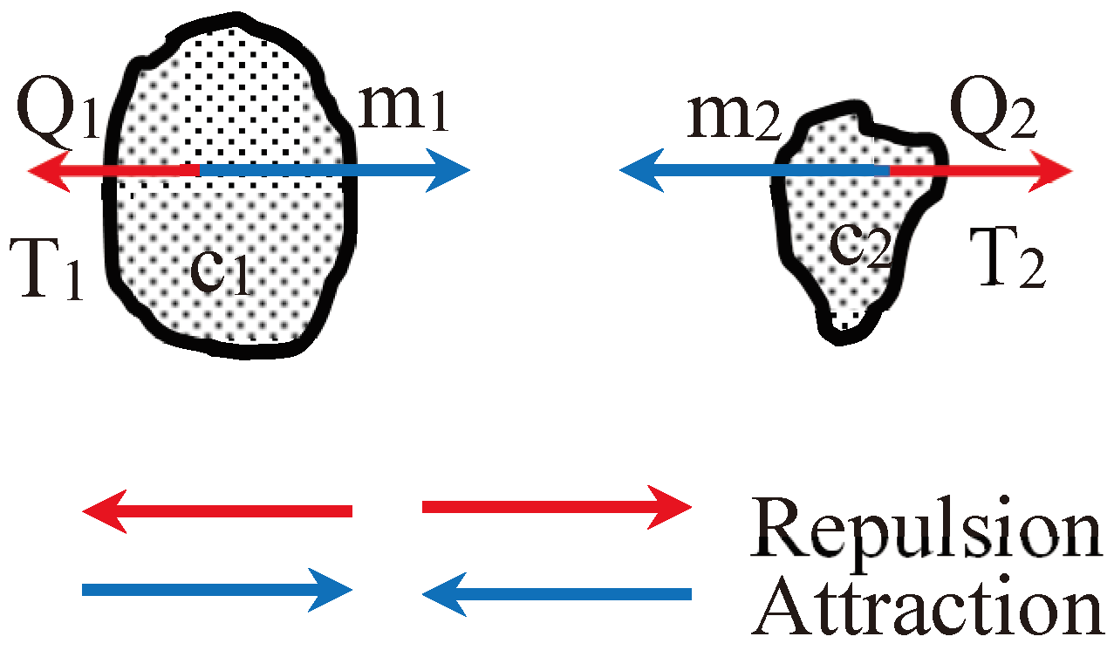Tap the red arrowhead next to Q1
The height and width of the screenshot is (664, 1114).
click(x=48, y=170)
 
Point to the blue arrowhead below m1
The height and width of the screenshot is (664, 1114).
click(x=449, y=170)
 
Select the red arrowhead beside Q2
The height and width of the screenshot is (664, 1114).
click(x=1051, y=170)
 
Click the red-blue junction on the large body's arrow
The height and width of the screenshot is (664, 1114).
click(x=200, y=170)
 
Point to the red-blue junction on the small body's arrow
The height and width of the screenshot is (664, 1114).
click(x=889, y=170)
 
